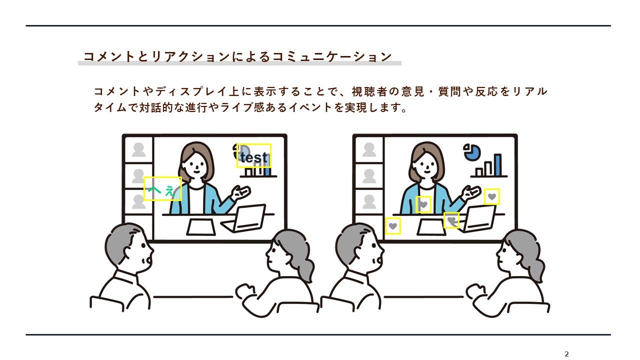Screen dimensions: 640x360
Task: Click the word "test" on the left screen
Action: click(x=253, y=157)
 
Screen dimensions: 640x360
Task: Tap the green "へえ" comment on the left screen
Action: click(x=162, y=190)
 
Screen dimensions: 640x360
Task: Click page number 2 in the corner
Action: click(x=567, y=354)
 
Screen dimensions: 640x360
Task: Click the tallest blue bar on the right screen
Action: click(x=497, y=165)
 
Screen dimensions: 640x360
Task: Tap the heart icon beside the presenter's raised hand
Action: click(x=491, y=196)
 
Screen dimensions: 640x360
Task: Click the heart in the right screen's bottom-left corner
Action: click(x=393, y=226)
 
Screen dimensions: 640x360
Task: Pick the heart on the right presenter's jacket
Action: click(x=423, y=204)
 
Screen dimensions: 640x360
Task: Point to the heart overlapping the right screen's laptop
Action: click(x=451, y=220)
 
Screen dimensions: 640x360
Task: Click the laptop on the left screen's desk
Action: click(x=244, y=217)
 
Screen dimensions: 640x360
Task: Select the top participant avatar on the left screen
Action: click(x=139, y=150)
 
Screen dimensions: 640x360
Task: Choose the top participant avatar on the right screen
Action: click(x=369, y=150)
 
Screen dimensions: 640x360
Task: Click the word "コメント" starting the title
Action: click(x=108, y=56)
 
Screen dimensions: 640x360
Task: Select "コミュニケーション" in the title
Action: click(x=332, y=56)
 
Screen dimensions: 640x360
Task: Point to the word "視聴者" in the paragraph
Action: click(x=369, y=91)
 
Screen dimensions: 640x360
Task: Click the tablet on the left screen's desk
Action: click(x=201, y=227)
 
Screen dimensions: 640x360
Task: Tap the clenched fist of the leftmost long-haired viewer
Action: click(x=245, y=292)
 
